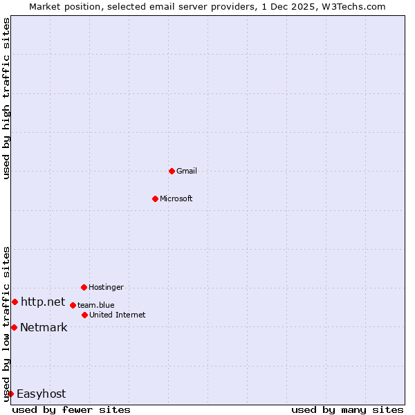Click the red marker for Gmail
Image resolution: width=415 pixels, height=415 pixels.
click(172, 171)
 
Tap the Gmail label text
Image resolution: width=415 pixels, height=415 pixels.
click(187, 171)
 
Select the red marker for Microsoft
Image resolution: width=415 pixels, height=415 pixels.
click(155, 199)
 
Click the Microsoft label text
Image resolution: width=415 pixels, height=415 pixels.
click(176, 199)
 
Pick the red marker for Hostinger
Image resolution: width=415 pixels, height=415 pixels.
click(84, 287)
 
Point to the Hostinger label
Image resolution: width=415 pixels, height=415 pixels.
click(106, 287)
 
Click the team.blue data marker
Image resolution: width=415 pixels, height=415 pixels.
click(73, 305)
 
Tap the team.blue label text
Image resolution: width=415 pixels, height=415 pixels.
click(96, 305)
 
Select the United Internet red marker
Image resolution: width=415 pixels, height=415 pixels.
click(84, 315)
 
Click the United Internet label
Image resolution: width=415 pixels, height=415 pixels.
click(118, 315)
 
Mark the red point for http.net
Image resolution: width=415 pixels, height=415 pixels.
click(15, 302)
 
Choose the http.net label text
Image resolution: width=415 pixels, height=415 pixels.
click(43, 302)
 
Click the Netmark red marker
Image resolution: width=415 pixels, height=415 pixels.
click(14, 327)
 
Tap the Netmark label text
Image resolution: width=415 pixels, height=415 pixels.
click(44, 327)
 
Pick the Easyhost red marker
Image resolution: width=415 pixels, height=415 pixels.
click(10, 394)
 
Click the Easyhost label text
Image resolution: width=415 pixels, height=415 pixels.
click(41, 394)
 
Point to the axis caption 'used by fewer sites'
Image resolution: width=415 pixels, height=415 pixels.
click(71, 409)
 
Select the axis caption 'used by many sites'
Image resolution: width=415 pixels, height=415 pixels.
click(347, 409)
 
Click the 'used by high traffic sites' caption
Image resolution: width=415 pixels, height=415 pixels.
click(6, 98)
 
